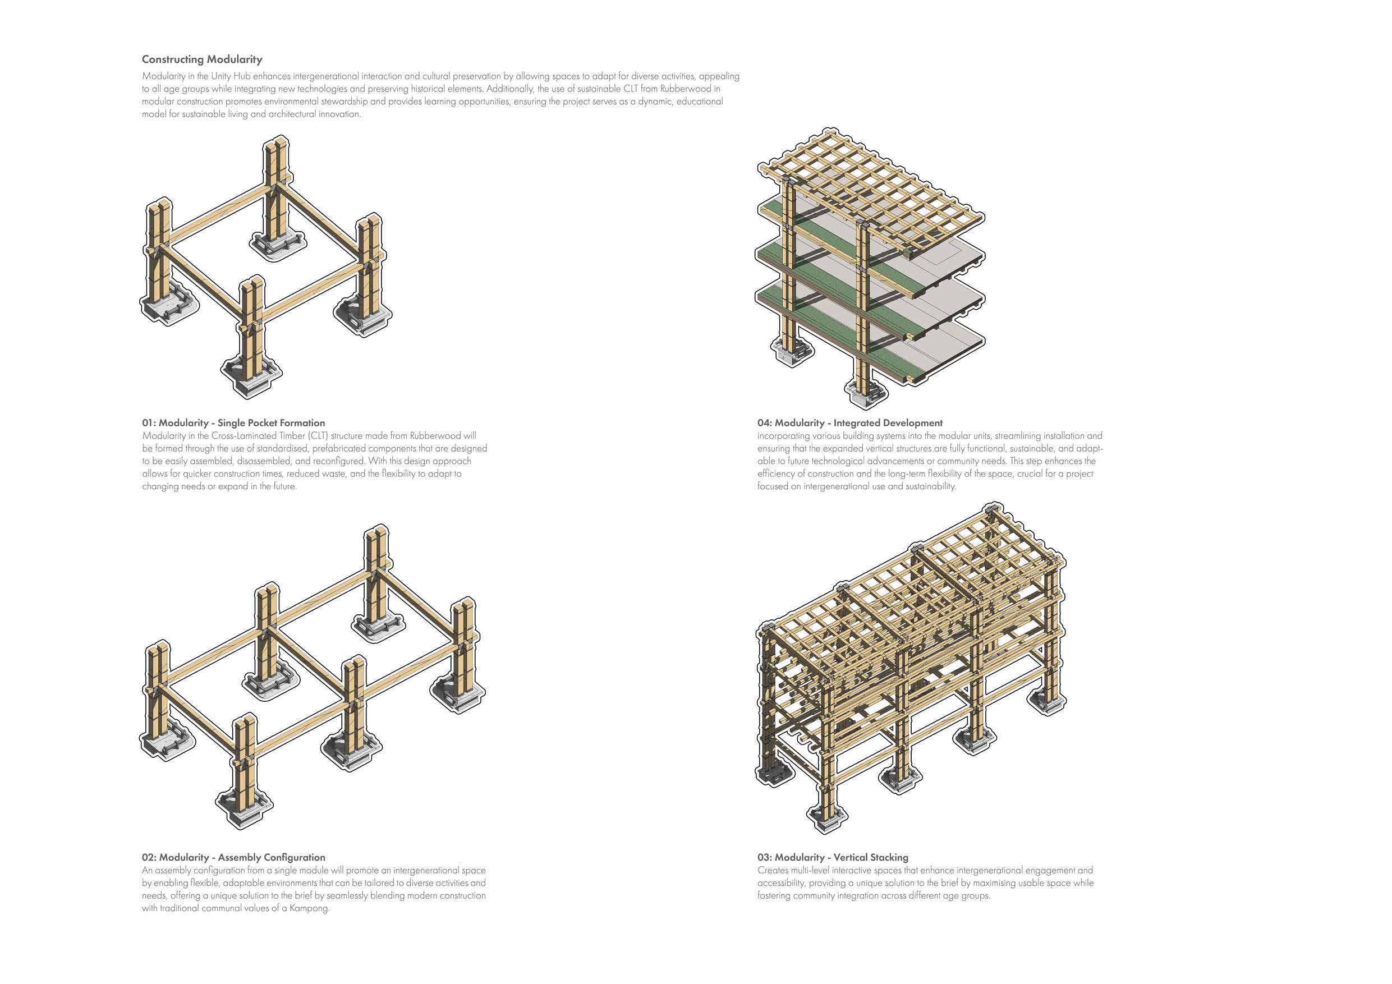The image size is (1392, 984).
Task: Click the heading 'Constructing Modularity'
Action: (202, 59)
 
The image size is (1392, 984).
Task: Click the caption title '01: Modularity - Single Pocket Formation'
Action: (233, 422)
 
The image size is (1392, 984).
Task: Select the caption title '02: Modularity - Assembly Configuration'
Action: (233, 857)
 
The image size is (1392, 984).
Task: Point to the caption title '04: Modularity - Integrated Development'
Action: (849, 422)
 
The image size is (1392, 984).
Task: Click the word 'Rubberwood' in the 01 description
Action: (435, 436)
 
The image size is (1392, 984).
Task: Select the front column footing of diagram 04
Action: (866, 390)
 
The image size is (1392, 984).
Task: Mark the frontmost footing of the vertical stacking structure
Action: (825, 817)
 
